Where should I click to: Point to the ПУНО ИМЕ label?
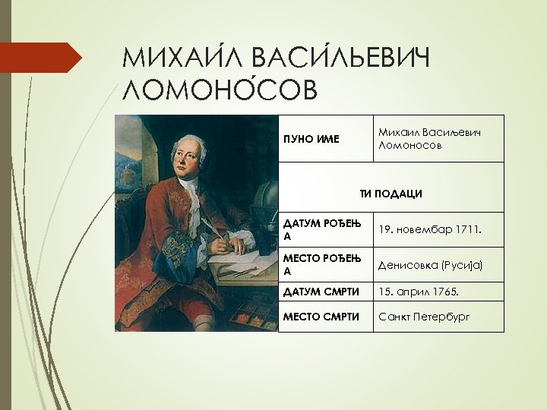click(311, 139)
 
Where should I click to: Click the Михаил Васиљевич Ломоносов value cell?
click(429, 138)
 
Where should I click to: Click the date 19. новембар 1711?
click(430, 229)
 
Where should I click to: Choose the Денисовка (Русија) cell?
click(431, 264)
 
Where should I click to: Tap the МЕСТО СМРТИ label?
click(321, 316)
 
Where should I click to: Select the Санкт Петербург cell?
click(424, 316)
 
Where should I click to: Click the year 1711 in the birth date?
click(469, 229)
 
